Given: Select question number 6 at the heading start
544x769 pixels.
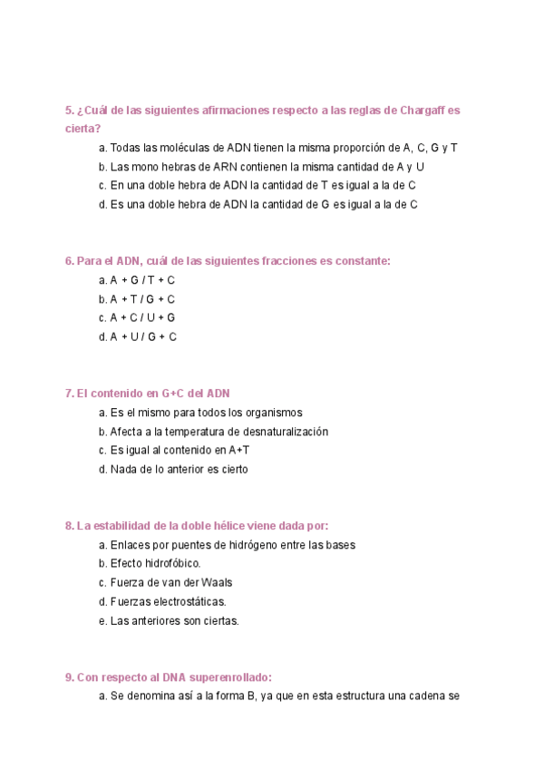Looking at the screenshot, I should [x=69, y=260].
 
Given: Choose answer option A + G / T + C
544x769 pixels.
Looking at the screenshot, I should [x=137, y=280].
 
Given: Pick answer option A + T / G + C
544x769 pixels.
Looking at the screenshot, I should [x=137, y=299].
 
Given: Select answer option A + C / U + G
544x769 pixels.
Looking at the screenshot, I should [x=137, y=317].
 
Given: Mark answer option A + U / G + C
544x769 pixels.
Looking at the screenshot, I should [x=137, y=336].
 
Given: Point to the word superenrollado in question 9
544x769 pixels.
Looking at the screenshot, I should [x=230, y=677].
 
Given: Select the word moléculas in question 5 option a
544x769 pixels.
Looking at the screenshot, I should [x=192, y=148].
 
